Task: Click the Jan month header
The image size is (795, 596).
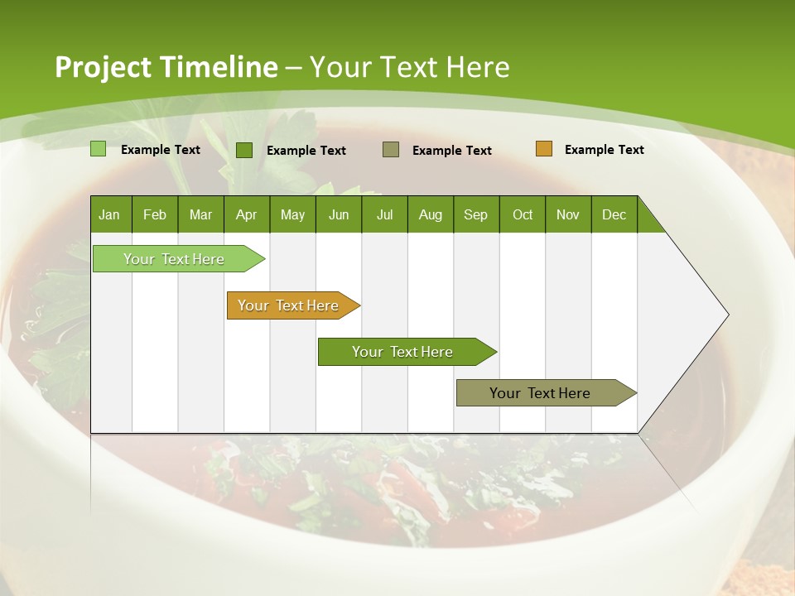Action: (110, 214)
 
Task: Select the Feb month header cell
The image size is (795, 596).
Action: (155, 214)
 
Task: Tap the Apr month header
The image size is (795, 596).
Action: (246, 214)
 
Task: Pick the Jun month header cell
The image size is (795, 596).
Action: (339, 214)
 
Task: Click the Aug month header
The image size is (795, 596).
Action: (430, 214)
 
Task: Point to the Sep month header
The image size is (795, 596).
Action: (475, 214)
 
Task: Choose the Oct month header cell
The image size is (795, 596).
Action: (523, 214)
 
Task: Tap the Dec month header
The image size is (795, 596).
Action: (614, 214)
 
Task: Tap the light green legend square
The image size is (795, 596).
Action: (99, 149)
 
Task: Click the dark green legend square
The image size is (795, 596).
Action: (244, 150)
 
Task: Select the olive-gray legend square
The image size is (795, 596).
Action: (391, 150)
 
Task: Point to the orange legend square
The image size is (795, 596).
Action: (543, 149)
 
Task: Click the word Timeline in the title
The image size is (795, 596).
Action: (219, 66)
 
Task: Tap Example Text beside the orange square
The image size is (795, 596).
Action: (604, 150)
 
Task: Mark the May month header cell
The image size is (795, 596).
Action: (292, 214)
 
